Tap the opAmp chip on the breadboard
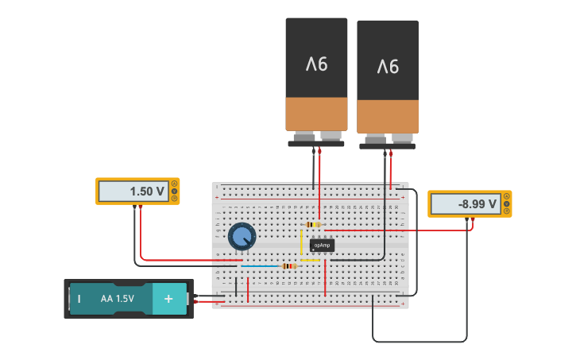[322, 245]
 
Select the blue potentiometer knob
[242, 236]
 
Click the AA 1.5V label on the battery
[118, 299]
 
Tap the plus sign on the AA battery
[168, 299]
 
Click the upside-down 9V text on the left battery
[316, 64]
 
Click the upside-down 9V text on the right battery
[387, 66]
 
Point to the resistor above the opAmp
[313, 225]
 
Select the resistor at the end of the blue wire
[289, 265]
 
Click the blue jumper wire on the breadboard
[261, 265]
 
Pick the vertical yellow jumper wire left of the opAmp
[301, 241]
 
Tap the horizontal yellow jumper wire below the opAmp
[310, 260]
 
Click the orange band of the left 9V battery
[316, 114]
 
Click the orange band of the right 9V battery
[387, 116]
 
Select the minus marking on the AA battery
[79, 299]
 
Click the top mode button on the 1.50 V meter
[175, 184]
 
